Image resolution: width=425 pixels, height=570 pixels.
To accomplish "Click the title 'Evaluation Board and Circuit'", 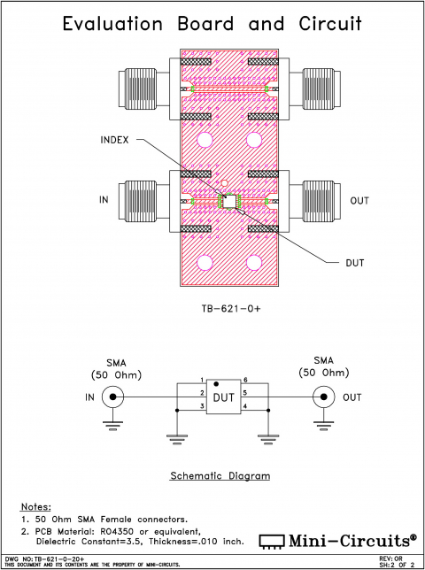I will (x=212, y=24).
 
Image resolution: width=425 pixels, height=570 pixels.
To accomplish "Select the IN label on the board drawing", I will (x=104, y=201).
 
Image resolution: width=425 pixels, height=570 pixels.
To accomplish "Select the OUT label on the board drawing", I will (x=359, y=201).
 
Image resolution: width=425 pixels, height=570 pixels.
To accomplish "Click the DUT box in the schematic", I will (x=224, y=397).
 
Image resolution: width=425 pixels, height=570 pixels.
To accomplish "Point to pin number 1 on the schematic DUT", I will (x=203, y=380).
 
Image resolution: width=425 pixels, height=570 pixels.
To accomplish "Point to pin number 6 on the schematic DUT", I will (x=244, y=380).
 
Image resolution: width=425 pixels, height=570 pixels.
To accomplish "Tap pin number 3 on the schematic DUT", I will (x=203, y=406).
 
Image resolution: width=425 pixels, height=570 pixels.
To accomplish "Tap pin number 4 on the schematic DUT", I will (x=244, y=406).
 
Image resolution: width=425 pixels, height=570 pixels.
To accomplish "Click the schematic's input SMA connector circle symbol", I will (x=113, y=397).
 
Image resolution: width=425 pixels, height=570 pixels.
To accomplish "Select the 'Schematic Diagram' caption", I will (x=220, y=475).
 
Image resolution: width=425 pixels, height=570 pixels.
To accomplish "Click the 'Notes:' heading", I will (x=35, y=505).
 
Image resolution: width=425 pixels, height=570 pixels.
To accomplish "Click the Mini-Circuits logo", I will (x=337, y=539).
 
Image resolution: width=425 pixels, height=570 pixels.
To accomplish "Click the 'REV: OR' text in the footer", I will (x=391, y=558).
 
